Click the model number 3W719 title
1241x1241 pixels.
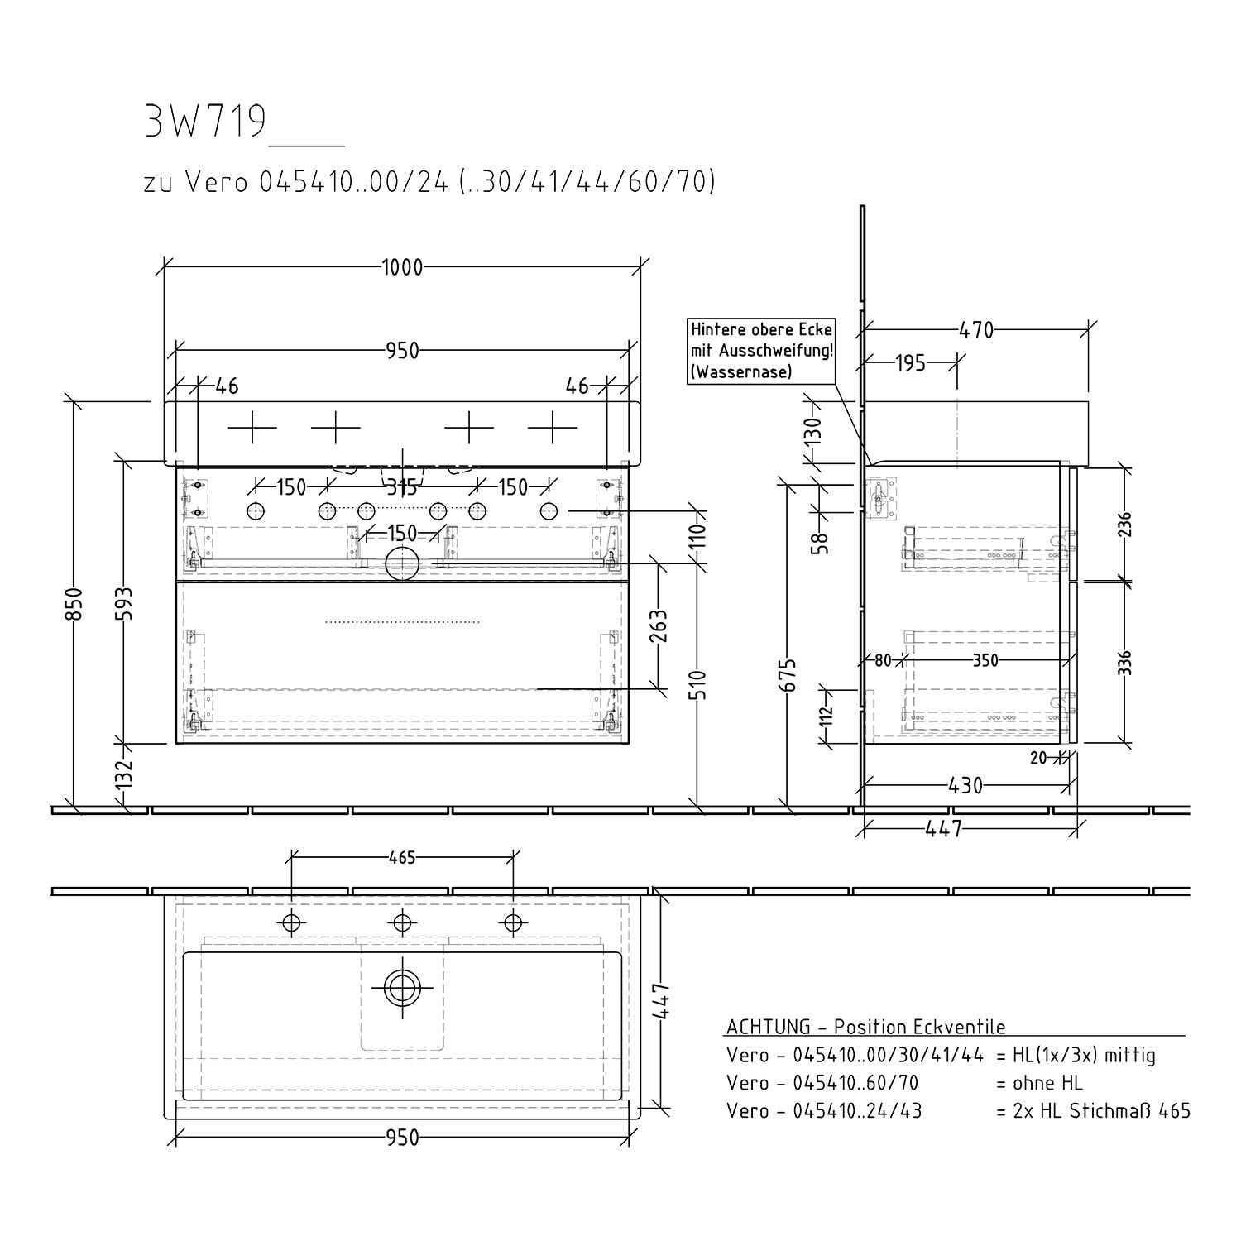[x=205, y=122]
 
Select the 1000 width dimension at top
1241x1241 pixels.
[x=402, y=267]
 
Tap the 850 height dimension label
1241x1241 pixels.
[x=74, y=604]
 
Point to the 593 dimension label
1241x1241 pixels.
[x=124, y=603]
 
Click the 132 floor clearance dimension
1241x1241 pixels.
[x=124, y=775]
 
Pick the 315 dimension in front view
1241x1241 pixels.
[x=402, y=487]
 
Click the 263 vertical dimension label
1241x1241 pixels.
[x=659, y=626]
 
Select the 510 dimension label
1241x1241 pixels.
[x=699, y=684]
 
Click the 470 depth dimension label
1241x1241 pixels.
[x=976, y=330]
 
